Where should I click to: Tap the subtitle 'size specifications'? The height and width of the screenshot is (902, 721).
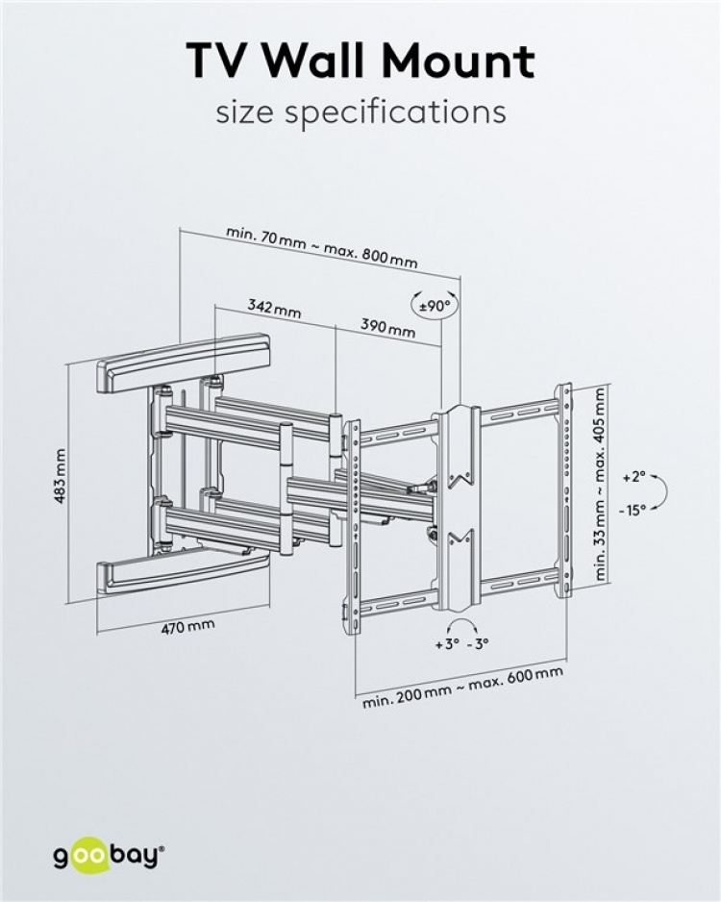360,112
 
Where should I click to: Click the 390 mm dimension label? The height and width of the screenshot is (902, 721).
387,327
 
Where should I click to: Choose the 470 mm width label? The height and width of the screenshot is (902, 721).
187,626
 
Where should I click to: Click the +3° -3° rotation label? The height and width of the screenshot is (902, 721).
461,643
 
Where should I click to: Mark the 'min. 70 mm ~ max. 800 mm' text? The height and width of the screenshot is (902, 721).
322,247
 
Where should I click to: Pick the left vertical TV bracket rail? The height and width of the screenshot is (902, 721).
352,527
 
